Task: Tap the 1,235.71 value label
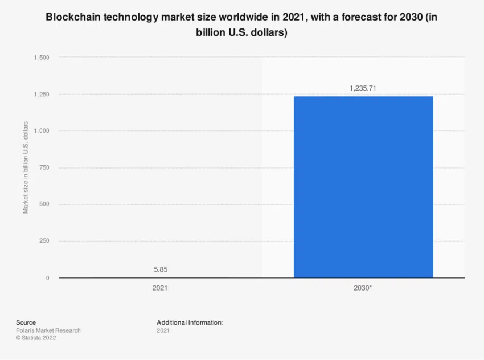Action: pyautogui.click(x=363, y=88)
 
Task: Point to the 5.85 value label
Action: pyautogui.click(x=160, y=268)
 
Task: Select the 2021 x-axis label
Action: pyautogui.click(x=160, y=288)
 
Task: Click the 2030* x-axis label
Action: pyautogui.click(x=363, y=288)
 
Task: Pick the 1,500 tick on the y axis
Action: pyautogui.click(x=41, y=58)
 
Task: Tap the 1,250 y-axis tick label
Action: pyautogui.click(x=41, y=95)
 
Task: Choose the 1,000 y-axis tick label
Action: pyautogui.click(x=41, y=131)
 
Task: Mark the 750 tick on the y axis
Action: pyautogui.click(x=44, y=168)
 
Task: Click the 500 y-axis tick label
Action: pyautogui.click(x=44, y=204)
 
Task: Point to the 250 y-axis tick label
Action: pyautogui.click(x=44, y=242)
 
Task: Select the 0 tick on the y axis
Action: pyautogui.click(x=47, y=278)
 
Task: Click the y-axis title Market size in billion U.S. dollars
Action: pyautogui.click(x=26, y=167)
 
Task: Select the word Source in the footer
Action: pyautogui.click(x=26, y=322)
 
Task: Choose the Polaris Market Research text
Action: pyautogui.click(x=48, y=330)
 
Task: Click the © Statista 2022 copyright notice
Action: pyautogui.click(x=36, y=338)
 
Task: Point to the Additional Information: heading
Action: pyautogui.click(x=190, y=322)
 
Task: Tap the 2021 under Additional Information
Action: pyautogui.click(x=163, y=330)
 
